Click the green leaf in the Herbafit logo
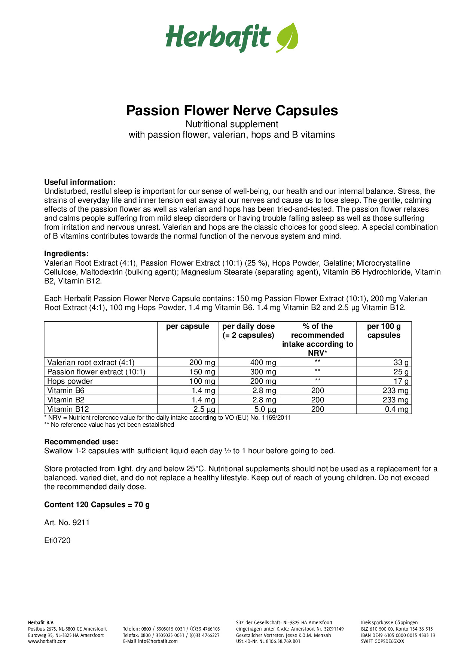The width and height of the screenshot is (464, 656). (x=287, y=37)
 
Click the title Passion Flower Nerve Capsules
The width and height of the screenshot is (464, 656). (x=232, y=111)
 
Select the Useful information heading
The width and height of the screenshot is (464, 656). (x=80, y=183)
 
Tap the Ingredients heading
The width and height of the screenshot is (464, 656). (x=66, y=254)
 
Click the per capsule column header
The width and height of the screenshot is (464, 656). (x=187, y=327)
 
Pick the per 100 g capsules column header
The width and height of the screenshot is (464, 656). (x=384, y=331)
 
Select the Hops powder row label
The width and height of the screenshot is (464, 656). (x=70, y=381)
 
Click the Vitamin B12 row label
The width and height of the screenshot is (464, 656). (x=68, y=409)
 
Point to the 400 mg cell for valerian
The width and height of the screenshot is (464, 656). (x=263, y=362)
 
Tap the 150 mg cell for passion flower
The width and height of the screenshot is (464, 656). (x=202, y=372)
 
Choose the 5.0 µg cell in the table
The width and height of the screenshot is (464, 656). (x=265, y=409)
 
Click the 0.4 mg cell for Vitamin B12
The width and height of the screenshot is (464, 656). (x=397, y=409)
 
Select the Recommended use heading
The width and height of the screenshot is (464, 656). (x=81, y=442)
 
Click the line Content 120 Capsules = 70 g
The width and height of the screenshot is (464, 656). (x=97, y=505)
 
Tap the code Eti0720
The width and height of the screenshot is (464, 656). (x=57, y=540)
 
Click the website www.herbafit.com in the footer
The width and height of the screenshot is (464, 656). (x=47, y=641)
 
